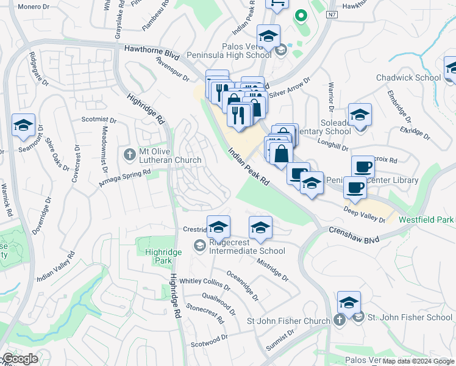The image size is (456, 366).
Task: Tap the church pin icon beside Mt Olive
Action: [129, 155]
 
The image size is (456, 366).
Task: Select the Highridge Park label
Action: [159, 256]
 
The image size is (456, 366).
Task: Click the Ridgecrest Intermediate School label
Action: [247, 251]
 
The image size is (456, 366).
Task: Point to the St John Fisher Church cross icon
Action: [340, 320]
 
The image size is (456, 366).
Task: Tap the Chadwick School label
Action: [408, 77]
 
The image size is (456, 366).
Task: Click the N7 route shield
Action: [332, 15]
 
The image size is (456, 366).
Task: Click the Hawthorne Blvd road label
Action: [151, 51]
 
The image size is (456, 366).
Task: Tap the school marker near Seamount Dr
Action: [23, 126]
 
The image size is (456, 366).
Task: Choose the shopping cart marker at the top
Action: [277, 4]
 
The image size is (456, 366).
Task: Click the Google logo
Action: [20, 359]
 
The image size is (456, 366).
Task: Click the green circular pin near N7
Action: [299, 16]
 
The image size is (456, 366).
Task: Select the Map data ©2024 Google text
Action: [419, 361]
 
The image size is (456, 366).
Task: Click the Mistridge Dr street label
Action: [272, 268]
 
